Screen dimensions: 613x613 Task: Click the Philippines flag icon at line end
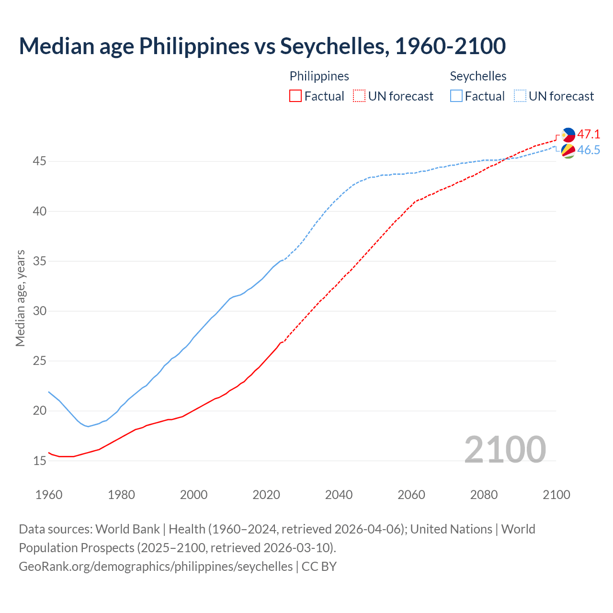click(568, 135)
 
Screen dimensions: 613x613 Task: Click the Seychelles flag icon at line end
click(568, 151)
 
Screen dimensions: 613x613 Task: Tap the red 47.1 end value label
click(589, 134)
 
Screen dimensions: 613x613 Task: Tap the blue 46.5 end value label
click(589, 150)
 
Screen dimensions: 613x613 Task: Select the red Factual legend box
click(295, 96)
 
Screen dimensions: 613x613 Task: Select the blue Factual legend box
click(456, 96)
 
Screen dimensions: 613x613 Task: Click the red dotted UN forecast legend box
click(359, 96)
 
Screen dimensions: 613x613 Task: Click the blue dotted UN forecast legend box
click(520, 96)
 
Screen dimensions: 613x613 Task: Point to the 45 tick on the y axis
click(39, 161)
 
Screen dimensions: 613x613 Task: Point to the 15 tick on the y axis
click(39, 461)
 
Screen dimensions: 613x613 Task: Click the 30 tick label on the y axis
click(39, 311)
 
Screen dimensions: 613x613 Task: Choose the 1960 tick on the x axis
click(49, 495)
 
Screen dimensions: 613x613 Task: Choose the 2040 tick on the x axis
click(339, 495)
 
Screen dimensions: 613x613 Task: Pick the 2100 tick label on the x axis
click(556, 495)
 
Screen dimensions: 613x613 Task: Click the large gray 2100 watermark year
click(505, 449)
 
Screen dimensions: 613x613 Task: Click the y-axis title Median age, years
click(20, 298)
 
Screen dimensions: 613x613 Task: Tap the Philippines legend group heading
click(319, 76)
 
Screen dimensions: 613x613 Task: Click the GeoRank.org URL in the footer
click(156, 567)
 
